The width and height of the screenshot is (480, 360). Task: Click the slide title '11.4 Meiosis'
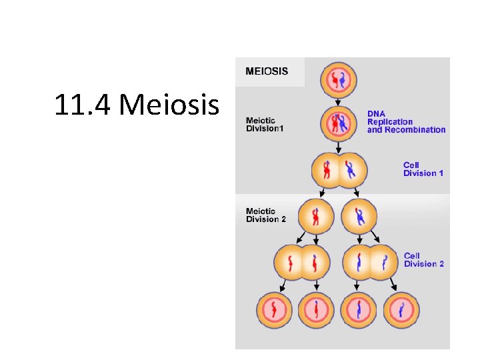tap(137, 105)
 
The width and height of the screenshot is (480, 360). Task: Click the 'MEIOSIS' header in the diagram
tap(267, 71)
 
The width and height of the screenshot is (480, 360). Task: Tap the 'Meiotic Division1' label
tap(265, 124)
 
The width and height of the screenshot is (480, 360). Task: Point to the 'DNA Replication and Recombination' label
tap(406, 122)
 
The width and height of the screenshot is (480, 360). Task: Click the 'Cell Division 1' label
tap(423, 169)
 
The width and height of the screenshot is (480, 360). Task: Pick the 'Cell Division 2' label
tap(424, 260)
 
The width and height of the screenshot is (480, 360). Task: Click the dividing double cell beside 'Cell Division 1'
tap(340, 170)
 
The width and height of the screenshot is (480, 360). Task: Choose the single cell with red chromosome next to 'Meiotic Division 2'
tap(317, 217)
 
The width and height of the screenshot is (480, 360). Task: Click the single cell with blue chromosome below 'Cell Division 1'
tap(359, 217)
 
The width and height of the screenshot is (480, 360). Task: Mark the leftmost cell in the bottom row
tap(275, 311)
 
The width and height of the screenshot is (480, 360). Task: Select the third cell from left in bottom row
tap(359, 311)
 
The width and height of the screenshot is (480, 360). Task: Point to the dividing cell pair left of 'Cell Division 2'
tap(371, 262)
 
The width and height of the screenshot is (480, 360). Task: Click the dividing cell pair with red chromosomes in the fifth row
tap(301, 262)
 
